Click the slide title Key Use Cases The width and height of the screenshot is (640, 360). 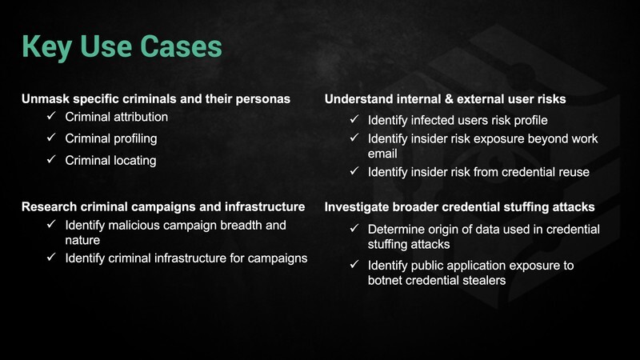(122, 47)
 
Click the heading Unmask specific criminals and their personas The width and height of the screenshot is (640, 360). (156, 98)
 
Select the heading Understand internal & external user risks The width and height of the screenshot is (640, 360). (446, 98)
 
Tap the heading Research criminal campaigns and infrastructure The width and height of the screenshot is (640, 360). (163, 206)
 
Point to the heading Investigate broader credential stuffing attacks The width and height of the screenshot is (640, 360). (459, 207)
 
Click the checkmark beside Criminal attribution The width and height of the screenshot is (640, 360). (51, 116)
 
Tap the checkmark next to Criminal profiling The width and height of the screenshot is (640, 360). (51, 138)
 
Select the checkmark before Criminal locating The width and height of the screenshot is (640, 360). (51, 159)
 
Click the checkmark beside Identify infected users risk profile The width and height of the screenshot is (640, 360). (354, 119)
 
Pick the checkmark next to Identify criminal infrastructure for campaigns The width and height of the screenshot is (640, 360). (51, 257)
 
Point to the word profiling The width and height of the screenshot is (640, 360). (135, 139)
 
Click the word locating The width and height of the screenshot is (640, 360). (134, 161)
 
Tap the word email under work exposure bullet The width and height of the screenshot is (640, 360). (382, 154)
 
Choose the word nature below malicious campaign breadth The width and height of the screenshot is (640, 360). (82, 240)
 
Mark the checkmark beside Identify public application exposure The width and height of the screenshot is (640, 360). (354, 265)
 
